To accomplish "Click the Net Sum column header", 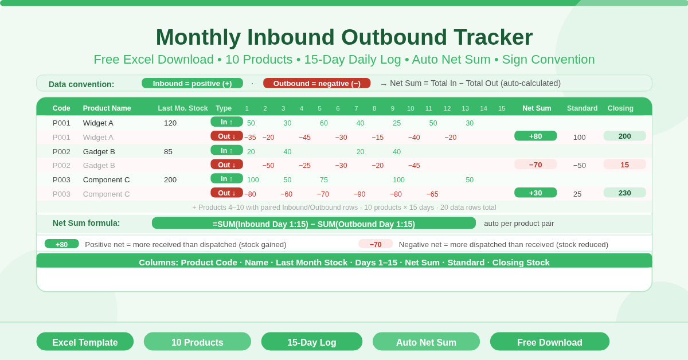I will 537,108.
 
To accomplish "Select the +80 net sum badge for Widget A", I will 535,136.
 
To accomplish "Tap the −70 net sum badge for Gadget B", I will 535,165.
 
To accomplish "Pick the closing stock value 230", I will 624,193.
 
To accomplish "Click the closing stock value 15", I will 624,165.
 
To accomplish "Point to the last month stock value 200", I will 170,179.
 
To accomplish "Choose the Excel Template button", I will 85,342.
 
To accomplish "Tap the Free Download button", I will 549,342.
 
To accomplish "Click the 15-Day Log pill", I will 311,342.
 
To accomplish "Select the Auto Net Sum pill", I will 426,342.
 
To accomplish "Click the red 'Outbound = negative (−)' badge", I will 316,83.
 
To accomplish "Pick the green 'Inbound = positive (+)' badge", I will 192,83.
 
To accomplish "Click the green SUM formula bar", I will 314,224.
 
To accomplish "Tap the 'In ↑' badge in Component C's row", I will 226,179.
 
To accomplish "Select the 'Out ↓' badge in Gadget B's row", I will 226,165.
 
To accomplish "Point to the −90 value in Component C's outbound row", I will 359,194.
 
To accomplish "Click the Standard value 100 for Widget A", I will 579,137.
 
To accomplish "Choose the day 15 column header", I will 502,108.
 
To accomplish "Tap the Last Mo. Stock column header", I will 183,108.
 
